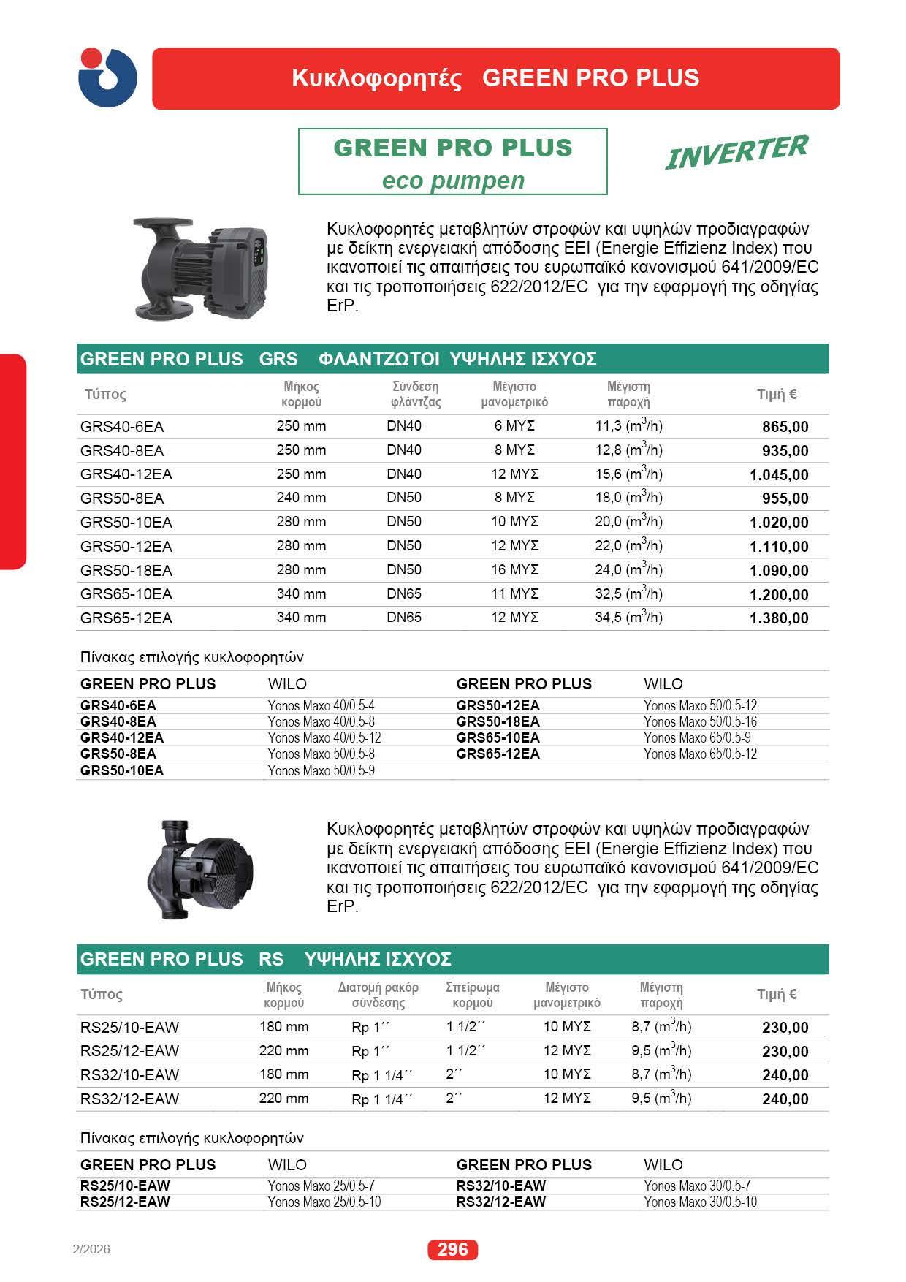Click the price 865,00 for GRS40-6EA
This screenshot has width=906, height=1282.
click(785, 427)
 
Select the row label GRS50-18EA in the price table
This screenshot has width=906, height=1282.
click(126, 570)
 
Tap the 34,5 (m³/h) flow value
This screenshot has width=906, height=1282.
click(628, 617)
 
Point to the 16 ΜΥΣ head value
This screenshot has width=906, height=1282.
click(514, 569)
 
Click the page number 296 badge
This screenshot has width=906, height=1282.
click(452, 1250)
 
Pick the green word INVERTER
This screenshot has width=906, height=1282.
click(736, 151)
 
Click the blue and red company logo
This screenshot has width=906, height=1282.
click(107, 77)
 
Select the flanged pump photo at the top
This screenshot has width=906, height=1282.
click(200, 267)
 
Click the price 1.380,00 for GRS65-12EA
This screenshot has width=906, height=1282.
click(779, 618)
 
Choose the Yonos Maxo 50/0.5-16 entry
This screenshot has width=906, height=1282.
click(700, 721)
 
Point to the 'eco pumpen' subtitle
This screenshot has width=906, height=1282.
click(453, 181)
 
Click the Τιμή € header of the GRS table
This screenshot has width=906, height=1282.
click(777, 395)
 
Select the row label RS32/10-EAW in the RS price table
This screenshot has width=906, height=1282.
click(129, 1074)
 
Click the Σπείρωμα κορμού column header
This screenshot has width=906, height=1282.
click(473, 995)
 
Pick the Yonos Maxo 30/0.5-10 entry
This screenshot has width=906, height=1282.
click(700, 1202)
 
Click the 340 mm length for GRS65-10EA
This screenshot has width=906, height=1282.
click(301, 593)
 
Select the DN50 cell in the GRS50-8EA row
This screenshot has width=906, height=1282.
click(404, 498)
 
